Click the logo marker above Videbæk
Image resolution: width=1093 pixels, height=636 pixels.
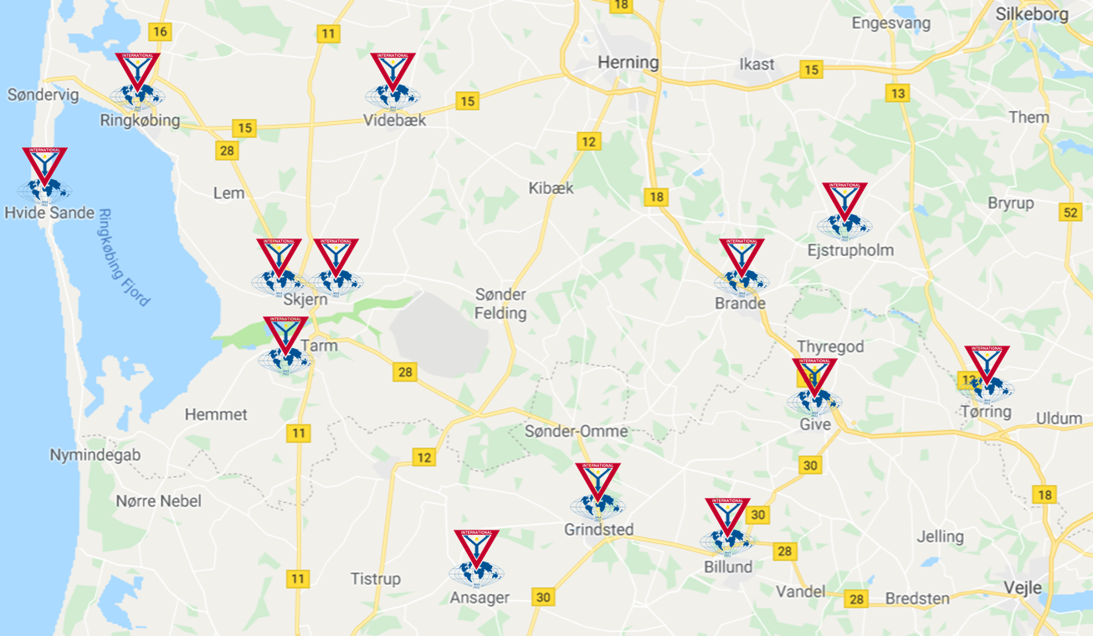point(393,81)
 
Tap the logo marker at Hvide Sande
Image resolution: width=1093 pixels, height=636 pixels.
point(44,176)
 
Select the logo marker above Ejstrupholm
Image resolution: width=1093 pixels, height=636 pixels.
point(844,211)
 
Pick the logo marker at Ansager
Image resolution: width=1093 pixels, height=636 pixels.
point(476,558)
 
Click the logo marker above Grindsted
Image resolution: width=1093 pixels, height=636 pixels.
point(598,491)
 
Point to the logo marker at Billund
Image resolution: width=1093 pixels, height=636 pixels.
point(727,526)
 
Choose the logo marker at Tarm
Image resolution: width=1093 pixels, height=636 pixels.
point(285,345)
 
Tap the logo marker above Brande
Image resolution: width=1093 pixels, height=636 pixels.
point(741,267)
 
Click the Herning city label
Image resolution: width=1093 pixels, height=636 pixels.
point(628,63)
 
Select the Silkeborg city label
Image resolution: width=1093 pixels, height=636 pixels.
point(1044,14)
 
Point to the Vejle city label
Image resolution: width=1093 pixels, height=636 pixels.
point(1023,587)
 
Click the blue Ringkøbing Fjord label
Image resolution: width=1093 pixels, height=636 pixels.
point(124,257)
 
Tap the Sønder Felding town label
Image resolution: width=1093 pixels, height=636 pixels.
point(500,304)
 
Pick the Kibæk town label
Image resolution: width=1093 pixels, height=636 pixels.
point(551,188)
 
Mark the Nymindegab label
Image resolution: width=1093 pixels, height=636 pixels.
point(95,455)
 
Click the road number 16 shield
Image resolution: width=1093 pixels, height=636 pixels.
point(160,32)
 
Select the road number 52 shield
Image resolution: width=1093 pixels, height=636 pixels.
point(1070,212)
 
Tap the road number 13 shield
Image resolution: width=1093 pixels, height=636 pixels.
point(898,93)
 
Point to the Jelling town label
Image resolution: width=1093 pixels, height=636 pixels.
point(940,536)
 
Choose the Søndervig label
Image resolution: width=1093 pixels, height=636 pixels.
point(43,95)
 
